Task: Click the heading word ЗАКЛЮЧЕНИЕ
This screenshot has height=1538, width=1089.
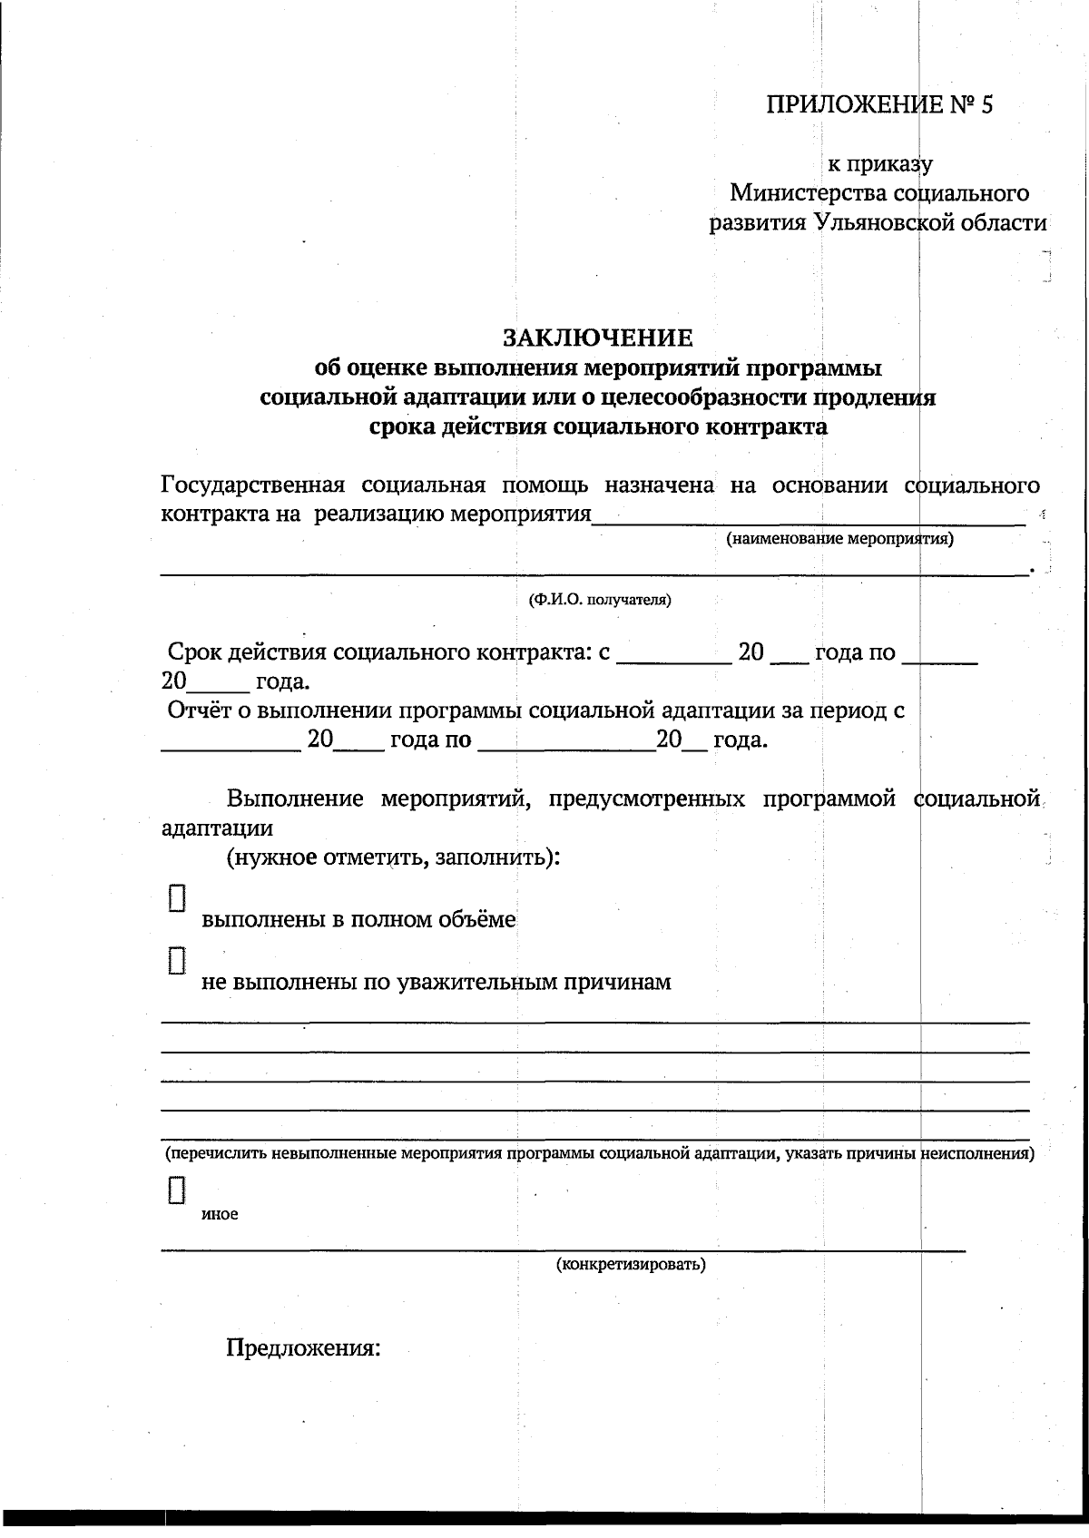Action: (598, 338)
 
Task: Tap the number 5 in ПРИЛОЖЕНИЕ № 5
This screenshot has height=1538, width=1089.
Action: (986, 105)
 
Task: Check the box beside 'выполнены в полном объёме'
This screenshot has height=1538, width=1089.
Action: (177, 897)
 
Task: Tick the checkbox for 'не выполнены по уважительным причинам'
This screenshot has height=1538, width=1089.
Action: (177, 960)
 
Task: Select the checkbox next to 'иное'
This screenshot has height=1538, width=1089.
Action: (177, 1190)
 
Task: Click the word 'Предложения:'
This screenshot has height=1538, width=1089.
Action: (302, 1347)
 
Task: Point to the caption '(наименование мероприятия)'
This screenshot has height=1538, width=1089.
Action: (839, 539)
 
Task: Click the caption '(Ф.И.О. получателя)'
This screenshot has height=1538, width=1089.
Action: (600, 600)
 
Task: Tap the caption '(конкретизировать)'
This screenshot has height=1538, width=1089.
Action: (631, 1264)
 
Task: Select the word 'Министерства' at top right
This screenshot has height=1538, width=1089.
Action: (808, 193)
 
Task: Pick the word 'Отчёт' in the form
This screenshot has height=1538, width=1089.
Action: (199, 710)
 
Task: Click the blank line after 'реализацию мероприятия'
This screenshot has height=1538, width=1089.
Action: (808, 521)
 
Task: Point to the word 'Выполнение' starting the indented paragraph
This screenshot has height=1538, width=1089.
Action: (295, 799)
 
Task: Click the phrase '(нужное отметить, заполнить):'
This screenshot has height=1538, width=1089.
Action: (392, 857)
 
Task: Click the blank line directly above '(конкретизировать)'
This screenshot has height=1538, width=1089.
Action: (563, 1249)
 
